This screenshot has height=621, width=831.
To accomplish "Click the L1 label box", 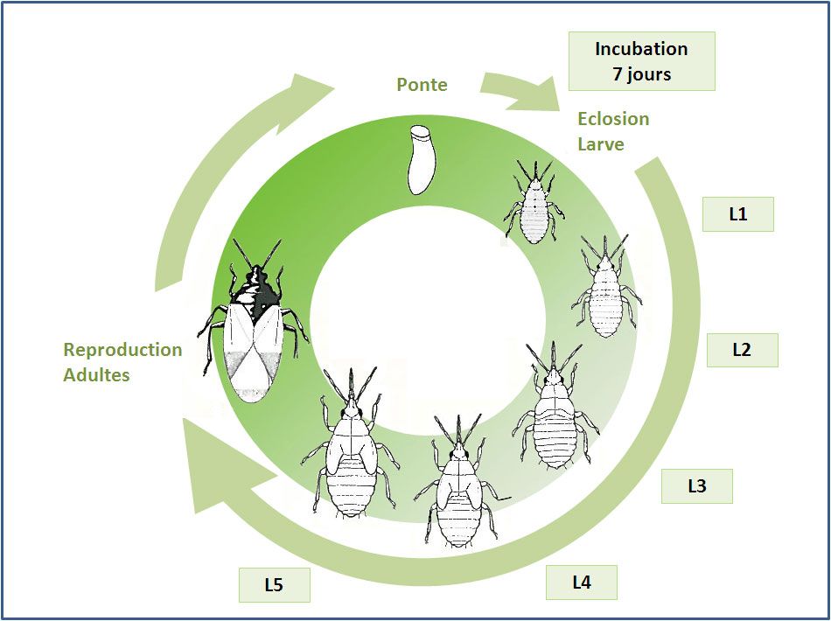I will click(x=738, y=213).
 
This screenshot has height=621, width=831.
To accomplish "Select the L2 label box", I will click(x=742, y=349).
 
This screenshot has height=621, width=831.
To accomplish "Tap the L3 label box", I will click(x=696, y=485).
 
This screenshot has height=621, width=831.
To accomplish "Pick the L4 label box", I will click(x=582, y=582).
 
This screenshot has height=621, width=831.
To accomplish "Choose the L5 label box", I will click(x=274, y=585).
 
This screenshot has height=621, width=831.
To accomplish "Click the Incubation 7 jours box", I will click(x=641, y=61).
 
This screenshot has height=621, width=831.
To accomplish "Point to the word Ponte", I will click(x=422, y=85).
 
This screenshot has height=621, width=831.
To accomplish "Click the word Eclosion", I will click(x=613, y=119).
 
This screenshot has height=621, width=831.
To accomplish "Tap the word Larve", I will click(x=601, y=143).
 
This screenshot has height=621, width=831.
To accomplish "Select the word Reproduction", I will click(x=122, y=350).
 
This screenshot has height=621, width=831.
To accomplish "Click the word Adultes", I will click(x=96, y=375).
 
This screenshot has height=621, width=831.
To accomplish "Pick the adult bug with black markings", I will click(x=254, y=324).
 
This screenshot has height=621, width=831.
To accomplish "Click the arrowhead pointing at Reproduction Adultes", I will click(x=214, y=468).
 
